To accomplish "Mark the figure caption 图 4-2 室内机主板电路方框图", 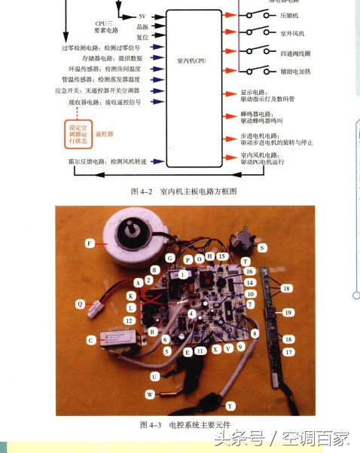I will point(184,191).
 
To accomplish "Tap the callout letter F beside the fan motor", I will point(90,243).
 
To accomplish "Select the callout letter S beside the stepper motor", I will point(262,246).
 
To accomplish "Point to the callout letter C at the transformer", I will point(91,340).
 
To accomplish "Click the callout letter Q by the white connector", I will point(81,304).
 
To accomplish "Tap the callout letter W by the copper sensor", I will point(150,393).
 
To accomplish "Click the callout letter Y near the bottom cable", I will point(230,405).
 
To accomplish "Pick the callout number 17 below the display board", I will point(287,352).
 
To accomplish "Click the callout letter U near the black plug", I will point(154,375).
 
